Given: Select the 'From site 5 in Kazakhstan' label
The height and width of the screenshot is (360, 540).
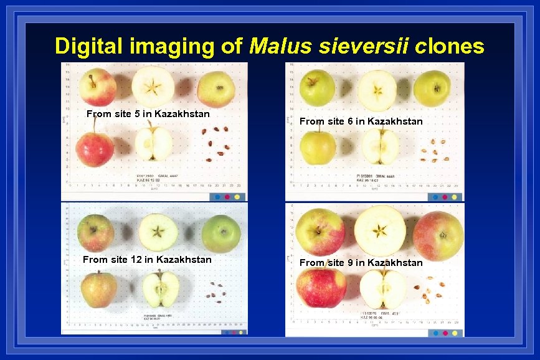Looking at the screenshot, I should click(x=148, y=114).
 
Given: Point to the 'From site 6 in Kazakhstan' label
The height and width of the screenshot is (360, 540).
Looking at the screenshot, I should click(x=361, y=121).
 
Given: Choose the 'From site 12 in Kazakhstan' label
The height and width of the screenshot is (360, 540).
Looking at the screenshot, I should click(x=147, y=259).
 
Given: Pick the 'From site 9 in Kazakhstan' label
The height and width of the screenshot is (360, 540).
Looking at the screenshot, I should click(x=361, y=262).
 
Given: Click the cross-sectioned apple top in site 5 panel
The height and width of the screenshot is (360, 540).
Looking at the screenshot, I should click(x=153, y=85).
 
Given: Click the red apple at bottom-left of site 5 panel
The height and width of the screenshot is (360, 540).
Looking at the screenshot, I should click(x=95, y=149).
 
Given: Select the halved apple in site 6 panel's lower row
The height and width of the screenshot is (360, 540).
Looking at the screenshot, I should click(x=380, y=146).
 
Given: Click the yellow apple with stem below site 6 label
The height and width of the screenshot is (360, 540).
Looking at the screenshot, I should click(x=318, y=146).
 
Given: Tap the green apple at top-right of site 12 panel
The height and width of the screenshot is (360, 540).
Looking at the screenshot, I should click(x=221, y=234).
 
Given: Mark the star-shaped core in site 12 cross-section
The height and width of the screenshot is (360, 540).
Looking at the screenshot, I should click(x=158, y=232).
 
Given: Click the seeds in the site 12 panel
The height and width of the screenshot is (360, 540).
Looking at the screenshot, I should click(x=216, y=290).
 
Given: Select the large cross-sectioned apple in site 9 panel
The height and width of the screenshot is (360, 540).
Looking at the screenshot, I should click(x=380, y=230).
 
